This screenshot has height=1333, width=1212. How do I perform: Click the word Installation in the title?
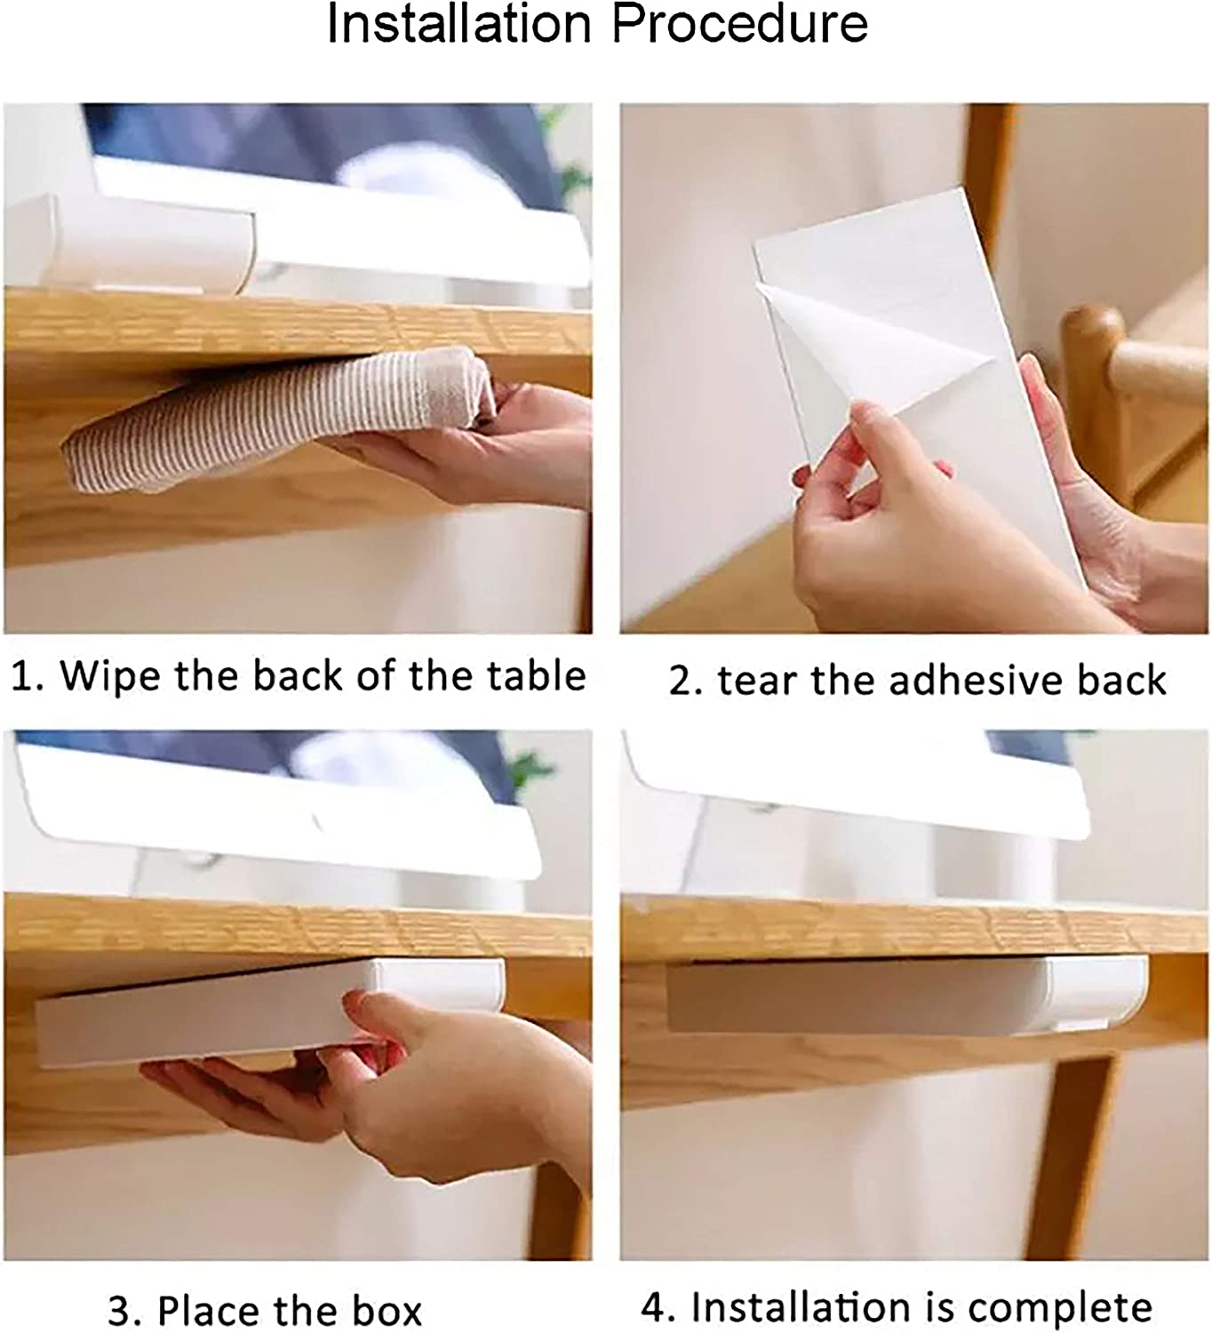point(459,24)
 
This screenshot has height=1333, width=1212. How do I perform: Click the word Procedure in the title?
point(739,24)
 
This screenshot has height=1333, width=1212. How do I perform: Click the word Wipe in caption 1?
point(110,675)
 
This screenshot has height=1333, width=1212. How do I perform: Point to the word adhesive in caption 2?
point(977,680)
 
